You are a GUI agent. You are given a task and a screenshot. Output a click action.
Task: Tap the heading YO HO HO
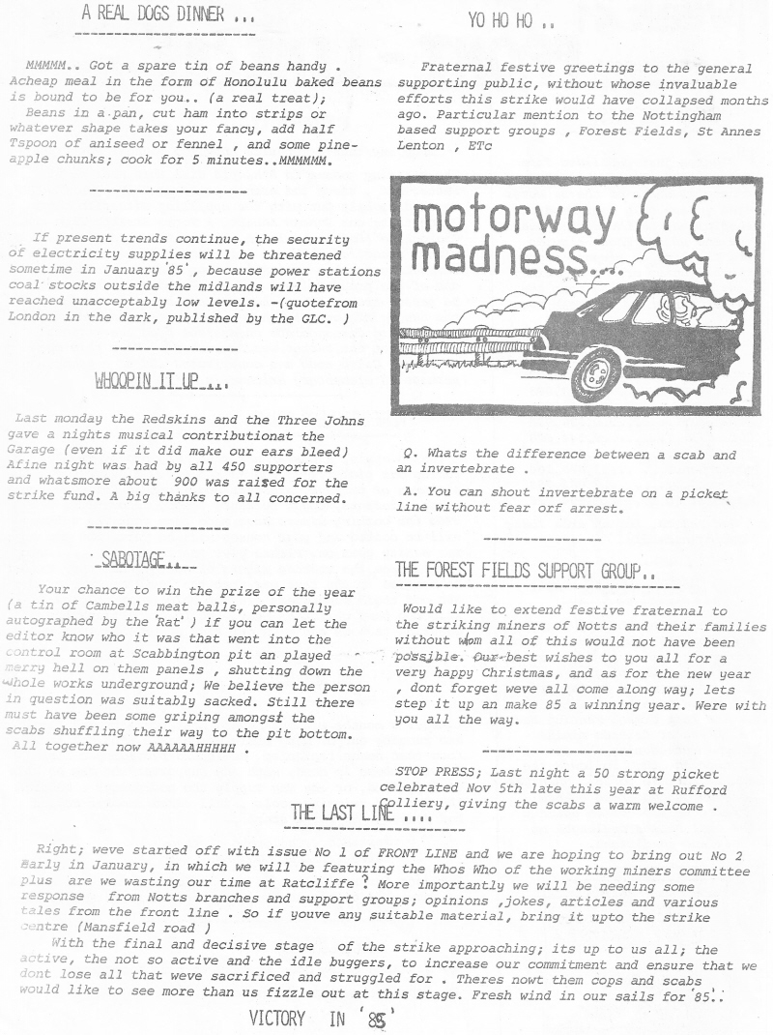coord(511,19)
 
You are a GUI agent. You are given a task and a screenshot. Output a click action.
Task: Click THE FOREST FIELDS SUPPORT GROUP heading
coord(525,571)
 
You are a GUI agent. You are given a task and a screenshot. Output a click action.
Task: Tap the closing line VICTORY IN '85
coord(322,1017)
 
